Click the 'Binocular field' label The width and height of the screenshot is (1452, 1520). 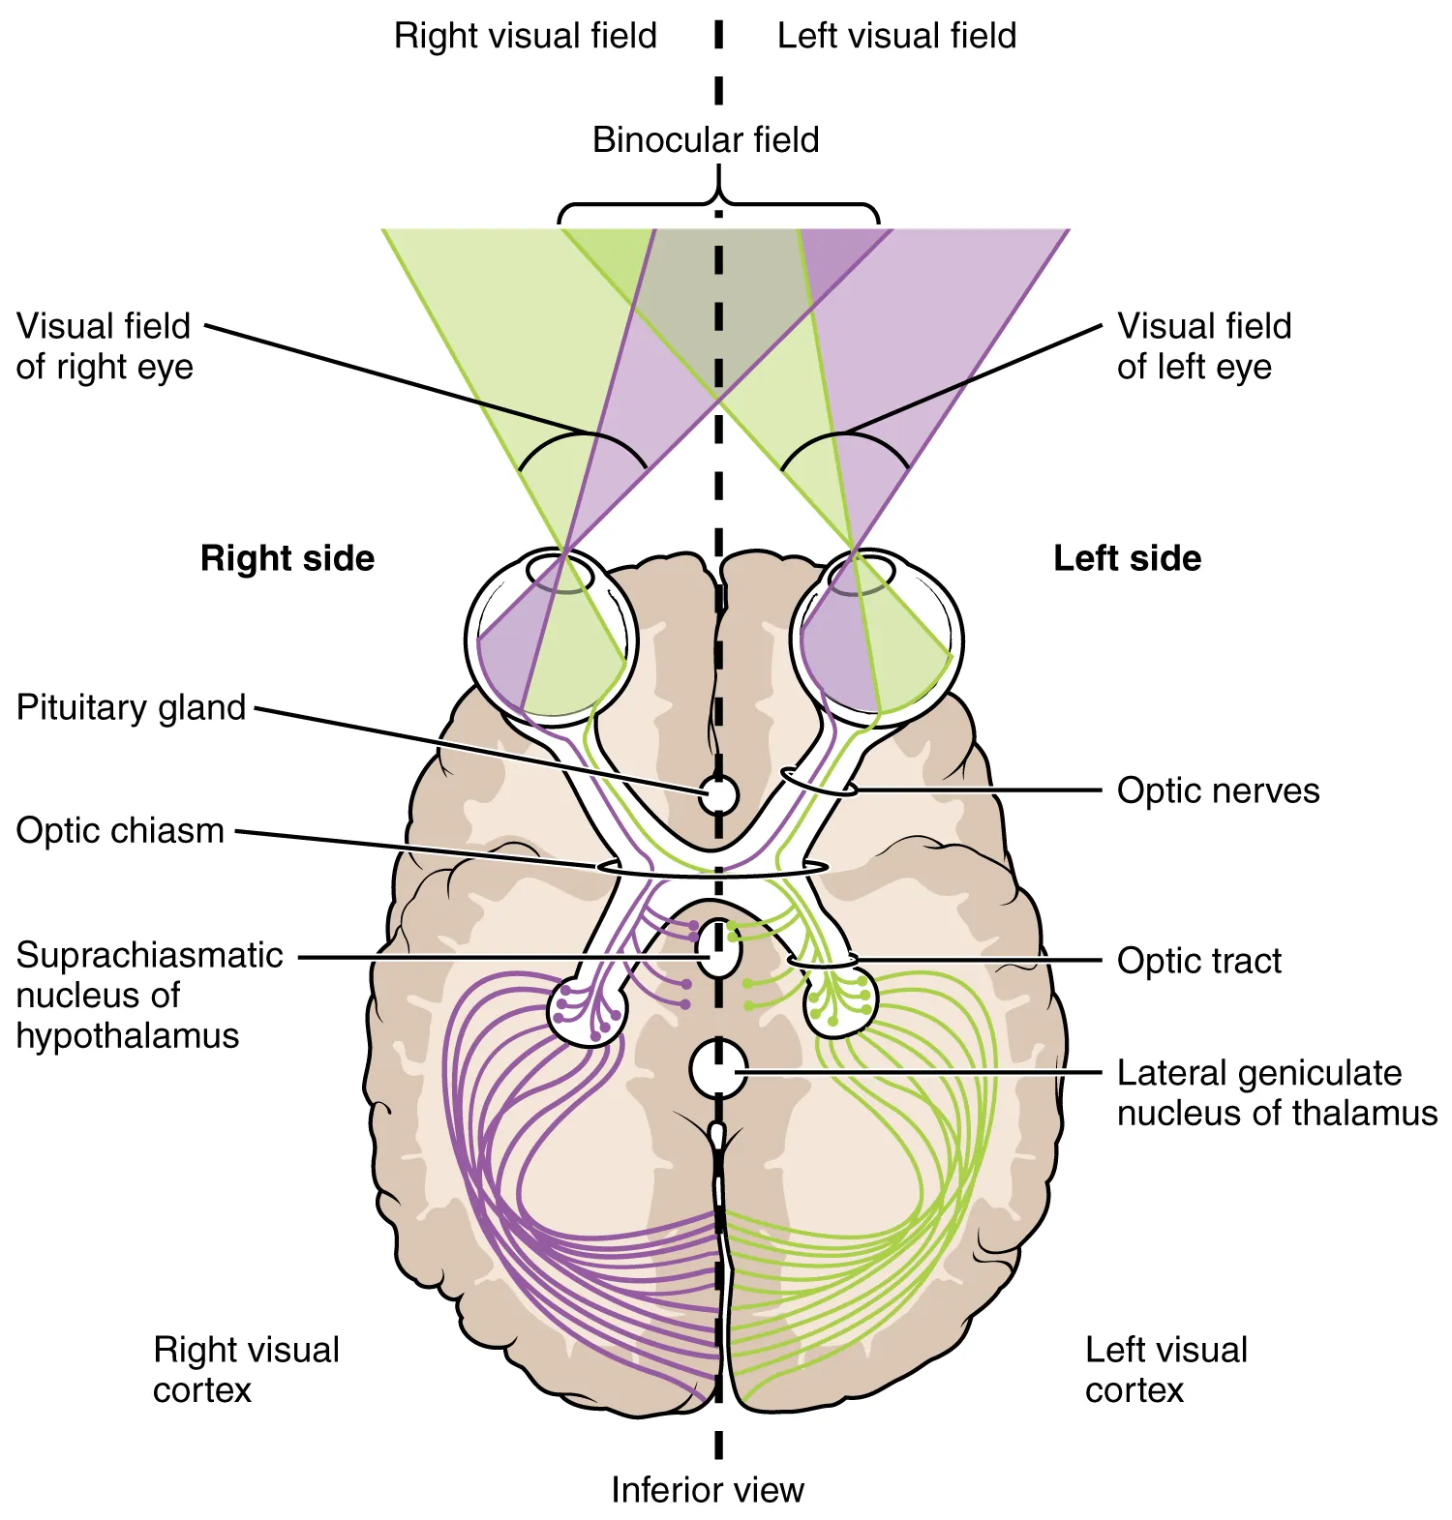tap(706, 140)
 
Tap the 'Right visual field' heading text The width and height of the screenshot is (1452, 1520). tap(525, 37)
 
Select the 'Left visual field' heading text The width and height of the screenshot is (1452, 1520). tap(896, 37)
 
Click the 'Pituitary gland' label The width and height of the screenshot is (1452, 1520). tap(131, 707)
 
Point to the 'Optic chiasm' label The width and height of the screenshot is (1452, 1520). tap(120, 831)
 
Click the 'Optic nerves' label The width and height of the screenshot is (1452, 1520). tap(1218, 790)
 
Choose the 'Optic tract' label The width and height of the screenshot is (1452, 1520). tap(1198, 961)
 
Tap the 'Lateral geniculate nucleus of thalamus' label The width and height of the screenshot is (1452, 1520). tap(1276, 1093)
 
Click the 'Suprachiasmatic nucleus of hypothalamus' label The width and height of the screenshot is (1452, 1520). tap(148, 996)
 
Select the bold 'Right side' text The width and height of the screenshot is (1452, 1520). tap(287, 559)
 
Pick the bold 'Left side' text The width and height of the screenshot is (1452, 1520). tap(1127, 559)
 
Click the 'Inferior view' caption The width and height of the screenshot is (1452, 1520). tap(707, 1490)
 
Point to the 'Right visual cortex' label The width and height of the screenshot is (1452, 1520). tap(246, 1370)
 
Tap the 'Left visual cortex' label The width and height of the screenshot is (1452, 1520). tap(1165, 1370)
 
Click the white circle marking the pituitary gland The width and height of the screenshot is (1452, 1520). tap(718, 795)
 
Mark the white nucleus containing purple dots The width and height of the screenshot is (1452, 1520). tap(588, 1010)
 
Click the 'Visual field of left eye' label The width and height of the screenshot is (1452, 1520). tap(1203, 346)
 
